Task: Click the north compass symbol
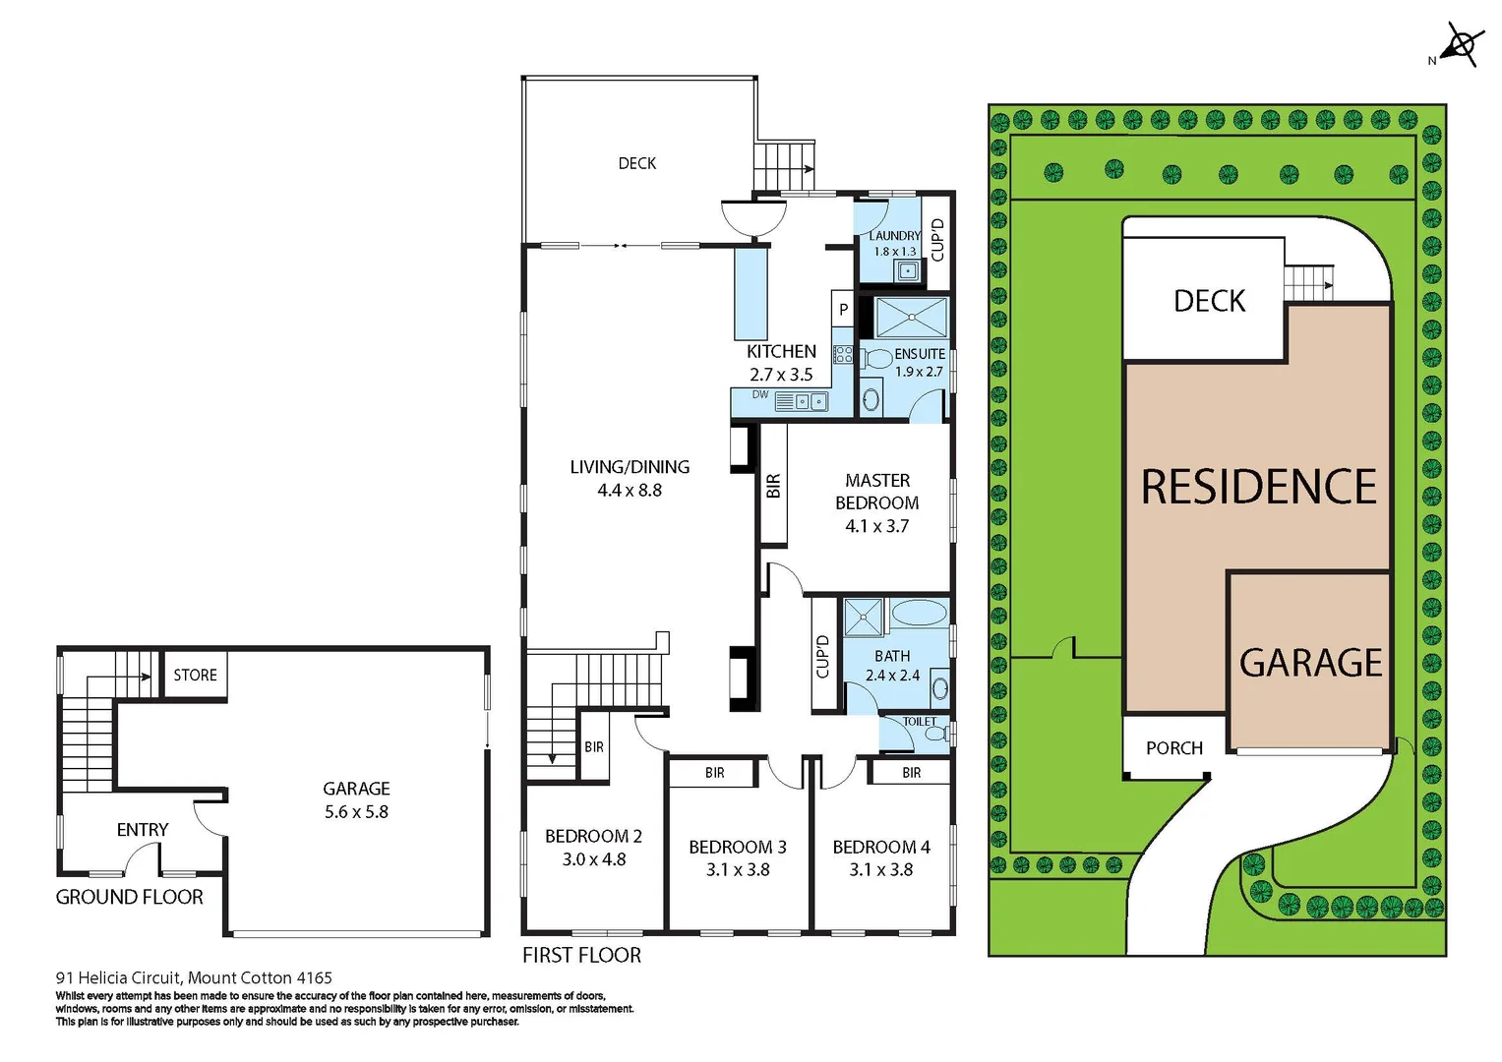pyautogui.click(x=1461, y=45)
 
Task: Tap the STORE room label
pyautogui.click(x=195, y=675)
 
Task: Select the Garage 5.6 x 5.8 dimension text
pyautogui.click(x=356, y=812)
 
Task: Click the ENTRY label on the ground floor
pyautogui.click(x=143, y=830)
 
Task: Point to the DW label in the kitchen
pyautogui.click(x=760, y=395)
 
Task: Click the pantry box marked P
pyautogui.click(x=843, y=310)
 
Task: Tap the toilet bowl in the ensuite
pyautogui.click(x=877, y=359)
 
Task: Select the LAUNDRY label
pyautogui.click(x=894, y=236)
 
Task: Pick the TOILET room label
pyautogui.click(x=920, y=722)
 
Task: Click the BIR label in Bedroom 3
pyautogui.click(x=715, y=773)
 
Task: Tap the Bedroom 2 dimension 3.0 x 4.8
pyautogui.click(x=594, y=859)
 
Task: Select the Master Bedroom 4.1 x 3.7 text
pyautogui.click(x=877, y=526)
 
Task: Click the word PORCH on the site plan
pyautogui.click(x=1174, y=748)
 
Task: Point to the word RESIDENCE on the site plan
pyautogui.click(x=1258, y=487)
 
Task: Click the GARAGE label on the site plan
pyautogui.click(x=1310, y=663)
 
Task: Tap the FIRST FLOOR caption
pyautogui.click(x=581, y=955)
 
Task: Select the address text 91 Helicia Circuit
pyautogui.click(x=194, y=977)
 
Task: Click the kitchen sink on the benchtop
pyautogui.click(x=811, y=401)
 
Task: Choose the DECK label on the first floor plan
pyautogui.click(x=637, y=163)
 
